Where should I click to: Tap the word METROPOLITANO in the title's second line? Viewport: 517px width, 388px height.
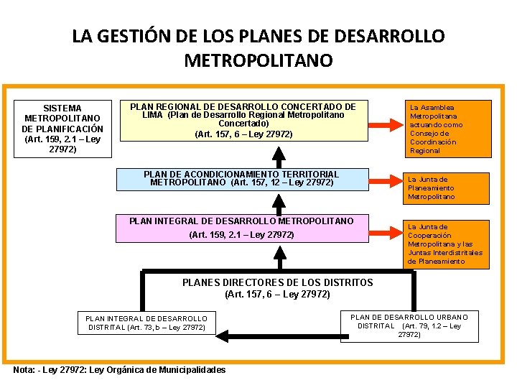[x=258, y=60]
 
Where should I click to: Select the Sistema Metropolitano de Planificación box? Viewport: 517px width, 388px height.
[x=62, y=129]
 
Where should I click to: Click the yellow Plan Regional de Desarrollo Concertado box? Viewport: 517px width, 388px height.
[x=243, y=120]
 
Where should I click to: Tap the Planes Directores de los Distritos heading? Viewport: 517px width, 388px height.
[x=277, y=282]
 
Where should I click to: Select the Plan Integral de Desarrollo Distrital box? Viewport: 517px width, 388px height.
[x=146, y=323]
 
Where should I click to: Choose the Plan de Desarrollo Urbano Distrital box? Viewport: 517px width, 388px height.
[x=409, y=325]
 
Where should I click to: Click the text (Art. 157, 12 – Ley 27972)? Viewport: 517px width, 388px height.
[x=282, y=183]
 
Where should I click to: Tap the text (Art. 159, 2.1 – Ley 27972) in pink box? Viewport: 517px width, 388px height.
[x=241, y=235]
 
